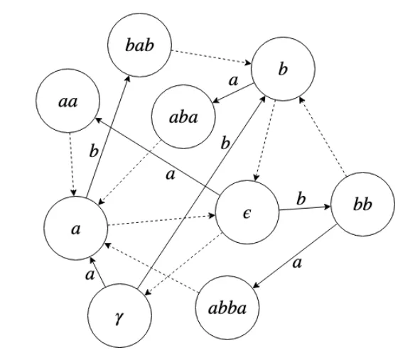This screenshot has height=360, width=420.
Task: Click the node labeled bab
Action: pyautogui.click(x=138, y=45)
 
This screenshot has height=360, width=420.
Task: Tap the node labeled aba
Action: pyautogui.click(x=184, y=117)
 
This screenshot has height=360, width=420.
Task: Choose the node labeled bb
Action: pyautogui.click(x=362, y=206)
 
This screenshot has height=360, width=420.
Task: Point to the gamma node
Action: pyautogui.click(x=119, y=317)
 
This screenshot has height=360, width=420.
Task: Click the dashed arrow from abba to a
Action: pyautogui.click(x=152, y=267)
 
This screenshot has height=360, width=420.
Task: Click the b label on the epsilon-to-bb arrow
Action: pyautogui.click(x=301, y=198)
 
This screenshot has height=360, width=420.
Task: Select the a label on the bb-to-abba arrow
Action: pyautogui.click(x=298, y=266)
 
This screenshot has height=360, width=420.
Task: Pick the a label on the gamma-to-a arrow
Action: pyautogui.click(x=90, y=273)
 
